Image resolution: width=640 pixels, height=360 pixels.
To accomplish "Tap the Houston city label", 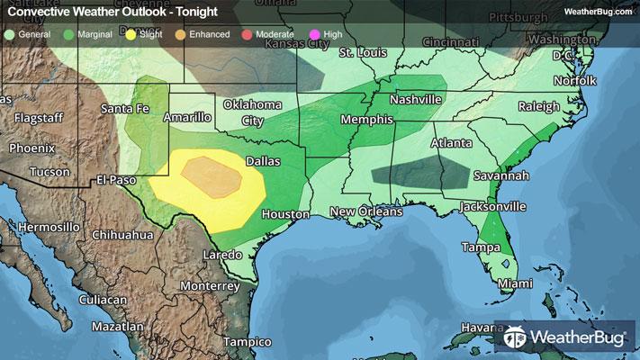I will [285, 214].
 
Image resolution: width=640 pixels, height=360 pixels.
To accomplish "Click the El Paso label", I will [116, 180].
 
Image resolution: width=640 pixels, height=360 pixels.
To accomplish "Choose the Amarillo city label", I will [187, 117].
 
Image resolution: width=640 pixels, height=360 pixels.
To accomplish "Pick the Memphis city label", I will [366, 120].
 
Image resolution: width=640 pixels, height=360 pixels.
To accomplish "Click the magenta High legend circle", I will [314, 34].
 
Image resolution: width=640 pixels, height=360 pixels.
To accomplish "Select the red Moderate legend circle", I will [247, 34].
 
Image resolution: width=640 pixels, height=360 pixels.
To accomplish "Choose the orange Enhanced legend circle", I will [181, 34].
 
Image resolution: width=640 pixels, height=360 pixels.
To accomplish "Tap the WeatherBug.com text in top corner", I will [597, 12].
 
